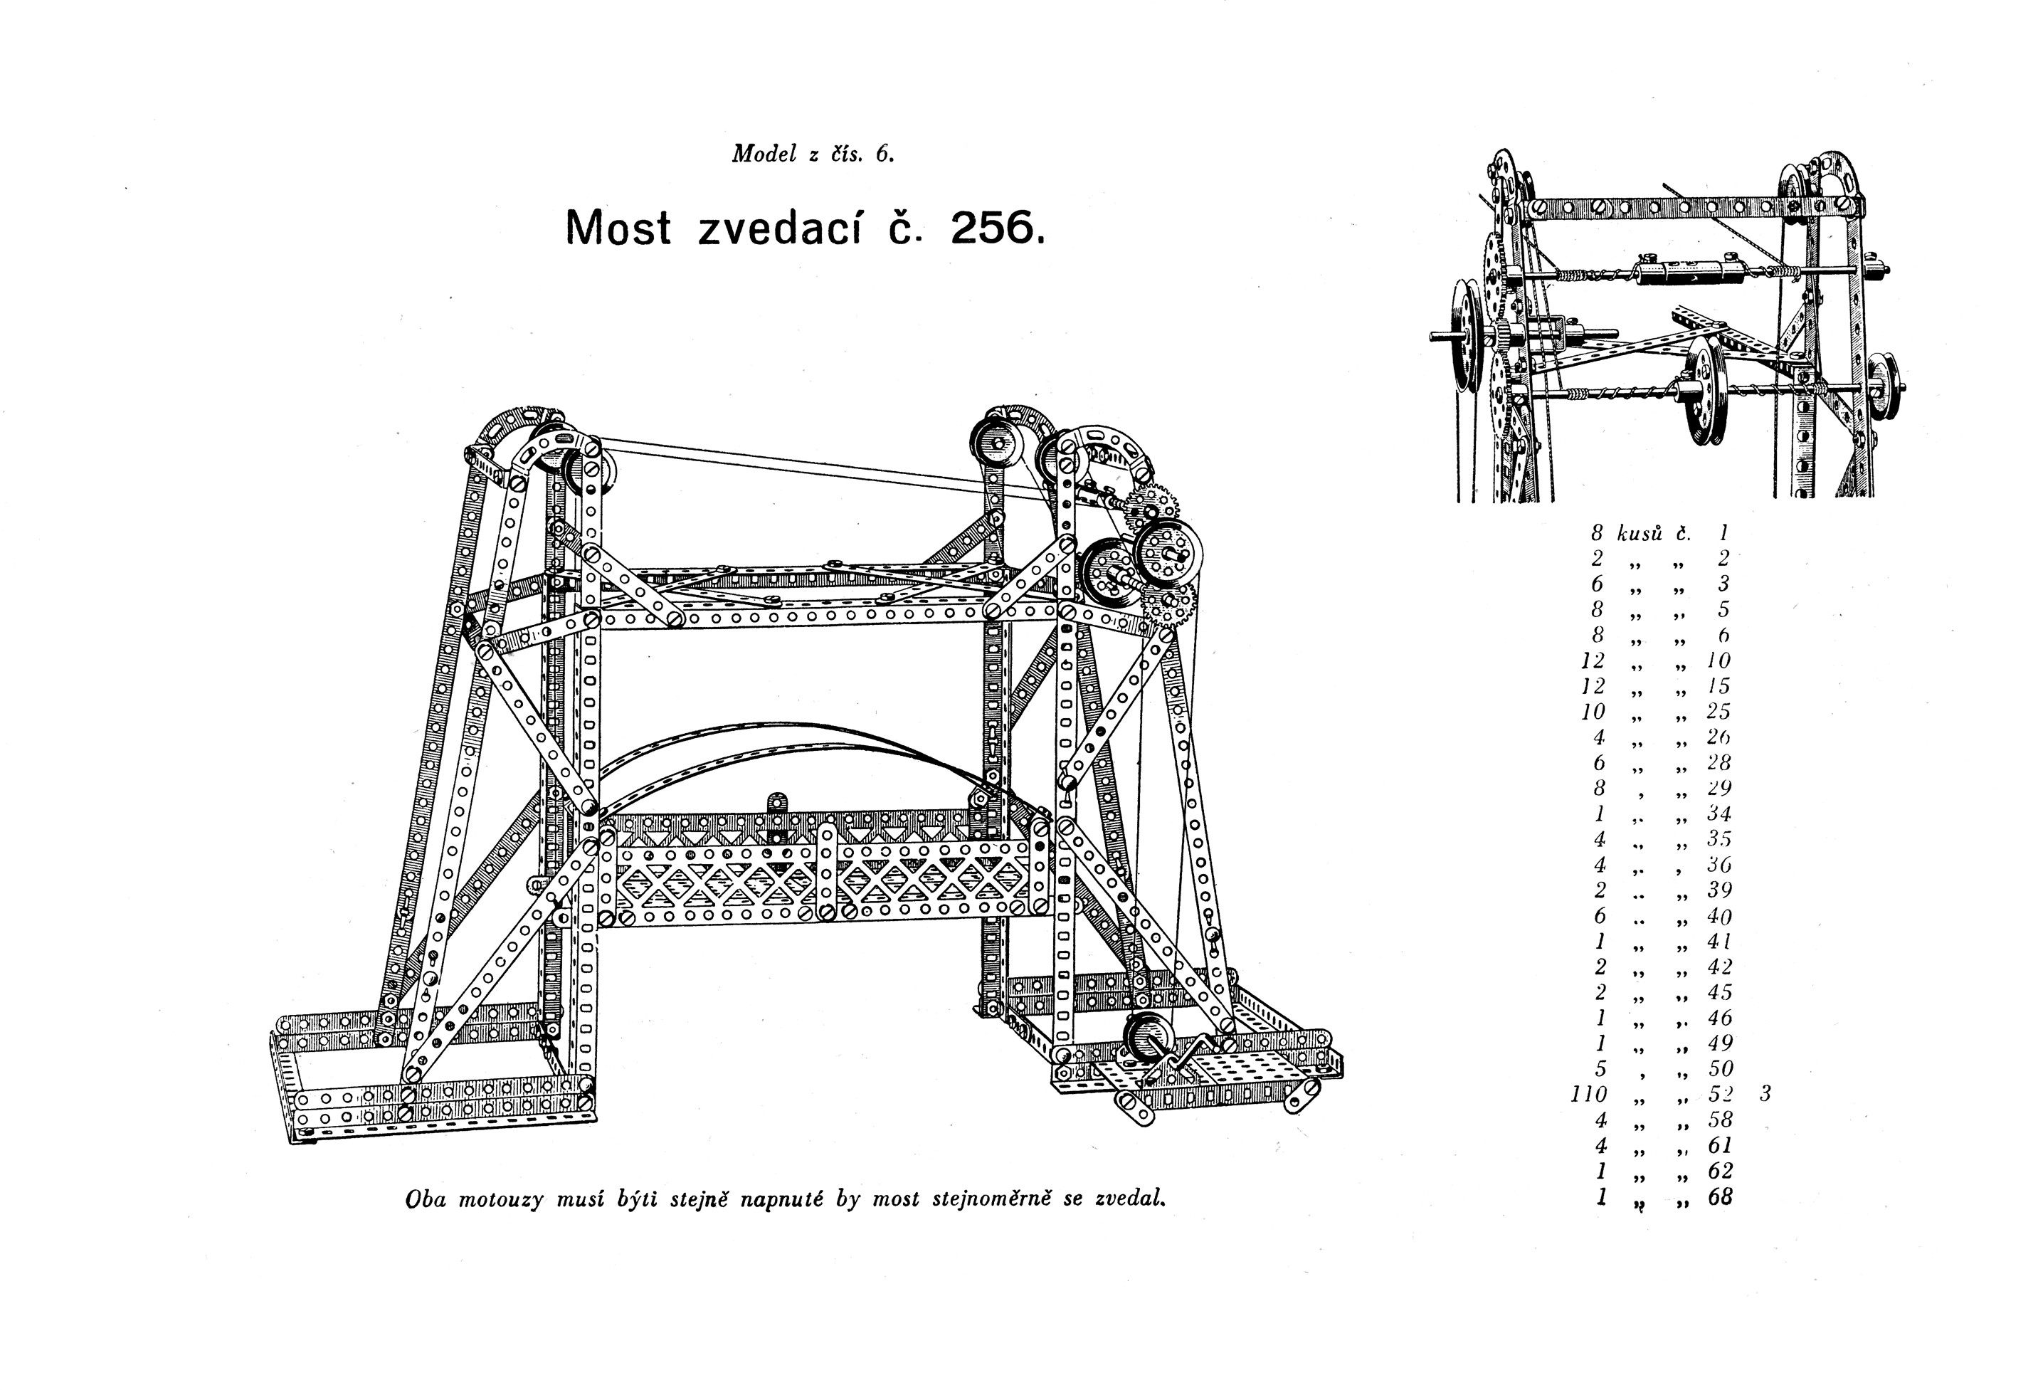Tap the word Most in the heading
click(x=618, y=228)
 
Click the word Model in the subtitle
click(x=764, y=154)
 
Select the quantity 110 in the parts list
click(x=1588, y=1094)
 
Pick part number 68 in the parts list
click(x=1720, y=1197)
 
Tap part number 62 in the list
click(x=1720, y=1171)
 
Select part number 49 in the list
click(x=1720, y=1043)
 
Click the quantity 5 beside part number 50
click(x=1600, y=1068)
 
